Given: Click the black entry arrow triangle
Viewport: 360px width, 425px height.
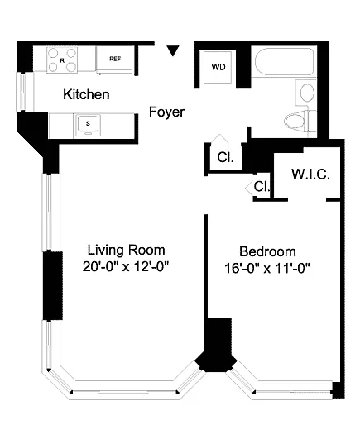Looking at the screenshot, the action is (173, 50).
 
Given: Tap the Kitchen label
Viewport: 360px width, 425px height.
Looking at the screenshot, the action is (86, 94).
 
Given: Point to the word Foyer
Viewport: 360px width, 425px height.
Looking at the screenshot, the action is (166, 112).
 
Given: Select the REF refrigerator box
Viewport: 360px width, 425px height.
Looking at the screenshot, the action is (115, 59).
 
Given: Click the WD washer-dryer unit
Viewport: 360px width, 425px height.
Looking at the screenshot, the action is (218, 67).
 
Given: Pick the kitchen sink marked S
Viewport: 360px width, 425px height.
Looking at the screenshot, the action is (88, 125).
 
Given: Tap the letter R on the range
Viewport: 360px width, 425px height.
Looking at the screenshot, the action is (62, 60).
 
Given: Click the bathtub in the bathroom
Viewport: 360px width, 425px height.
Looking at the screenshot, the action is (284, 61).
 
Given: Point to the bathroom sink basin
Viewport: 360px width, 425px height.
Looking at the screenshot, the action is (307, 93).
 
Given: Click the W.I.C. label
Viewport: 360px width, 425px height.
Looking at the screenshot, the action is (310, 174).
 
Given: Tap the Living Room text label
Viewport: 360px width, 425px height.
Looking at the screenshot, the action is (127, 250).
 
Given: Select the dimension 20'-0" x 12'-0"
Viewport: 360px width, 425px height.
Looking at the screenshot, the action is (126, 266).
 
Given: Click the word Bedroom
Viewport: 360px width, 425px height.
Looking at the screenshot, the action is (267, 251).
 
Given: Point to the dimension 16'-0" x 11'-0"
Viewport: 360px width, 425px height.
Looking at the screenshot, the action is (267, 268).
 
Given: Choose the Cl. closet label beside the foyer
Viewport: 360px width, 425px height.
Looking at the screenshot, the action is (225, 157).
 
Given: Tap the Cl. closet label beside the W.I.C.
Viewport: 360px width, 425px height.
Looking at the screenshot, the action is (262, 187).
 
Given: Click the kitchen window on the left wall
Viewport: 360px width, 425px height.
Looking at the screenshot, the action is (22, 93).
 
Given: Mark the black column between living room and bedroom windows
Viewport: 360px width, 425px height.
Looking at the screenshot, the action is (216, 353).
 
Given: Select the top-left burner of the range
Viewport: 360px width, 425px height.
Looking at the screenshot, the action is (53, 53).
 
